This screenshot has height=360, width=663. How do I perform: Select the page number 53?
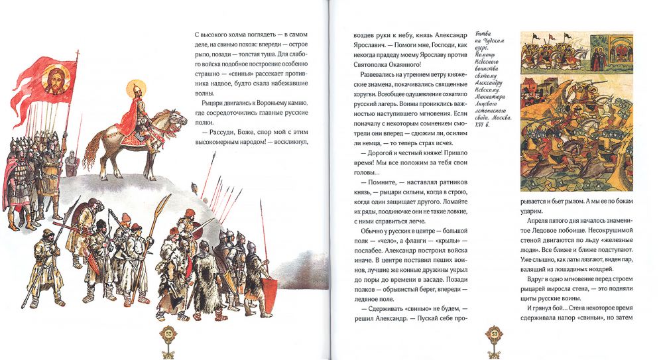coord(493,333)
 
